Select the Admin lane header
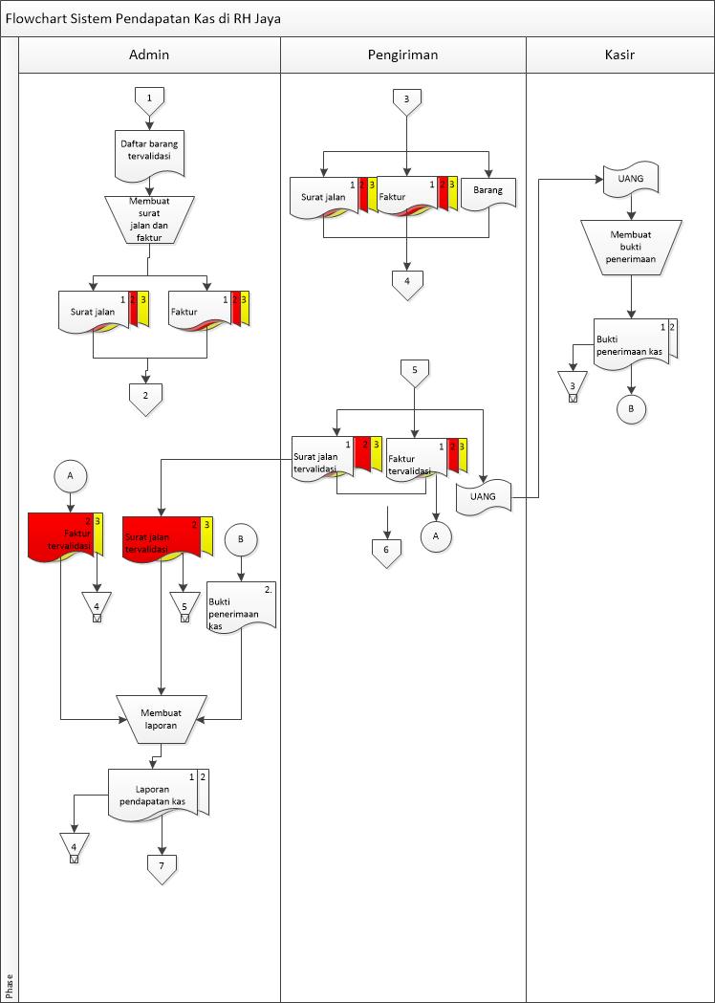[149, 55]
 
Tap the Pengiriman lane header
[402, 55]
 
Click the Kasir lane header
[619, 55]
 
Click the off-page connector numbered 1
[149, 97]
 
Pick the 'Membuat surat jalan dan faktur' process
[149, 219]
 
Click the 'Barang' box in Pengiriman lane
[488, 192]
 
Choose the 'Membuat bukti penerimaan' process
[630, 246]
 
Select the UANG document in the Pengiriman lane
[484, 497]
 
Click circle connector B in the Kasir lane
[631, 408]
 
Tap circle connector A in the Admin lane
[69, 473]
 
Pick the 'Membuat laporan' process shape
[161, 717]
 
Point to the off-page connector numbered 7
[162, 865]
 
